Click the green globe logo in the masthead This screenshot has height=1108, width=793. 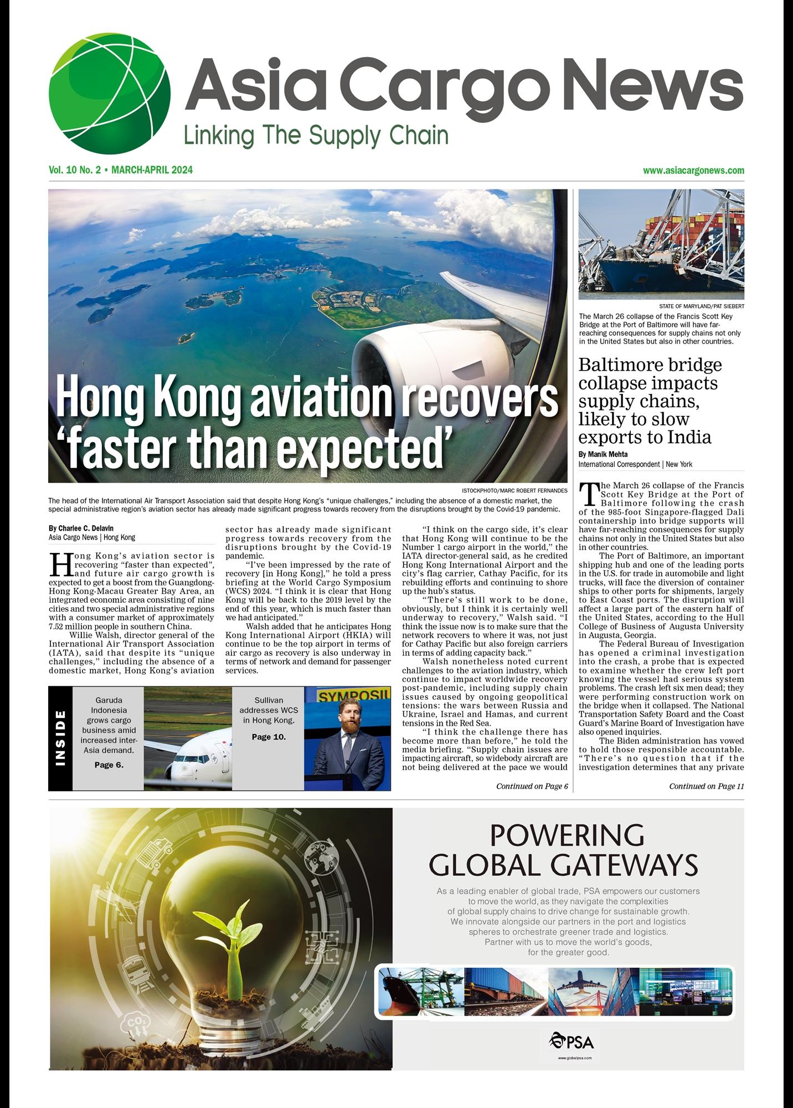click(109, 93)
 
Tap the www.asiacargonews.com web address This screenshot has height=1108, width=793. click(693, 171)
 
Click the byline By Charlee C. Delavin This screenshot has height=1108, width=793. click(81, 528)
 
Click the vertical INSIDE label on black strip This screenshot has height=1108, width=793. click(60, 738)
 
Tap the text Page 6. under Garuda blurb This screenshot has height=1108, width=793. click(109, 765)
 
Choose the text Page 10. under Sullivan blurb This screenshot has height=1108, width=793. click(269, 737)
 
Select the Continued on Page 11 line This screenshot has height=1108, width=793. click(706, 786)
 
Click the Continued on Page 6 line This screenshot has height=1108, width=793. click(532, 786)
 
